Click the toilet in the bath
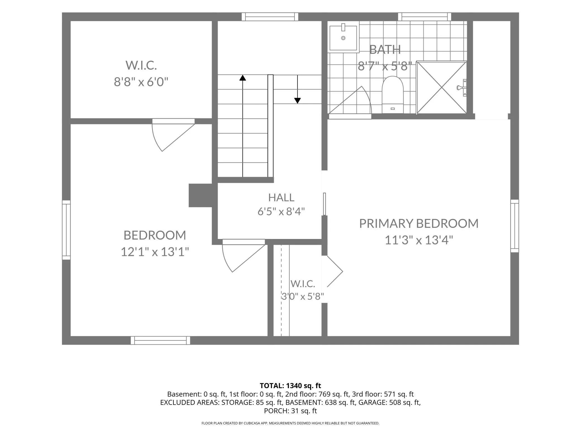coord(392,95)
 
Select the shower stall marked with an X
coord(442,88)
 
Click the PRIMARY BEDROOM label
coord(419,224)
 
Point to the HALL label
coord(281,198)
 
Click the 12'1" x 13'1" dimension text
coord(155,252)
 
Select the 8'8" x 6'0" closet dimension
coord(141,82)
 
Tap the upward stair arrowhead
coord(243,78)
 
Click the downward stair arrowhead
coord(297,101)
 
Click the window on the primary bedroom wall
coord(515,226)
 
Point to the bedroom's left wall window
coord(66,230)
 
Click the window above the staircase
coord(270,17)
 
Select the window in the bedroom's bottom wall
coord(160,340)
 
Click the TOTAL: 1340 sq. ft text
coord(290,386)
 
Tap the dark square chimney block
coord(200,195)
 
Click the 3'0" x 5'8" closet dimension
coord(303,296)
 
